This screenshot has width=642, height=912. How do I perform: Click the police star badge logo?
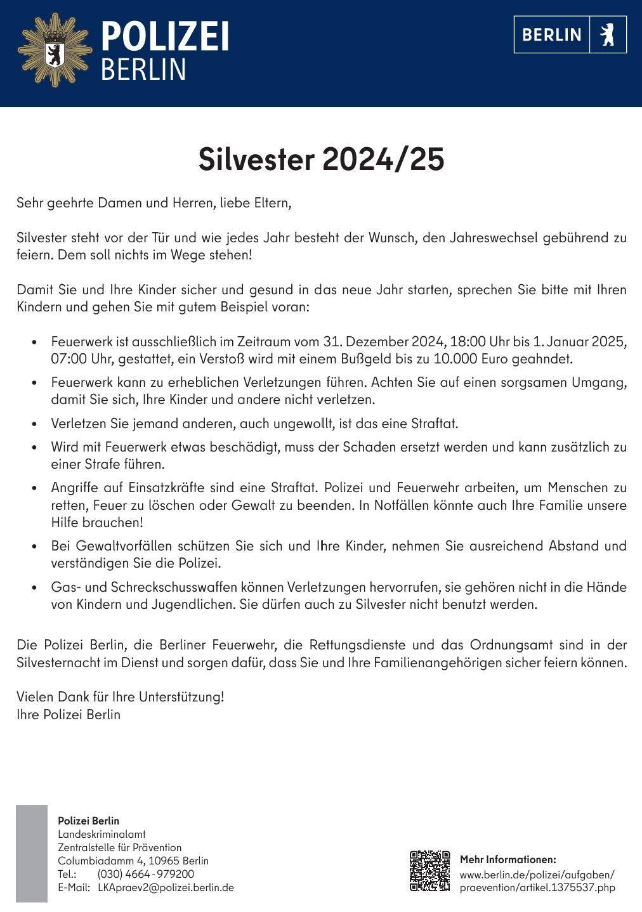point(55,50)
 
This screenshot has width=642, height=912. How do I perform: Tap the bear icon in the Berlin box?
point(608,34)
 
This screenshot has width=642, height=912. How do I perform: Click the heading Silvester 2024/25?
point(321,159)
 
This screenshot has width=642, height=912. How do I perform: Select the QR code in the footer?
point(429,871)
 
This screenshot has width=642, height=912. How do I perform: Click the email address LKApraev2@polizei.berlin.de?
point(166,887)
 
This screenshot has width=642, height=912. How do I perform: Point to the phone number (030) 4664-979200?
point(146,874)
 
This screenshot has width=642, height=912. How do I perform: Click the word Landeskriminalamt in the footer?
point(102,834)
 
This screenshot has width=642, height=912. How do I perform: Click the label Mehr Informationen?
point(508,860)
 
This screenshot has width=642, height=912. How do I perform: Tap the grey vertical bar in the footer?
point(32,853)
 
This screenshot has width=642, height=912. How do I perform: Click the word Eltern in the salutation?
point(272,204)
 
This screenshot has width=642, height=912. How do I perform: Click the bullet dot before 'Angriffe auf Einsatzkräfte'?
point(35,489)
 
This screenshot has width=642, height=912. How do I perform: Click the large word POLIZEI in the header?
point(165,36)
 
